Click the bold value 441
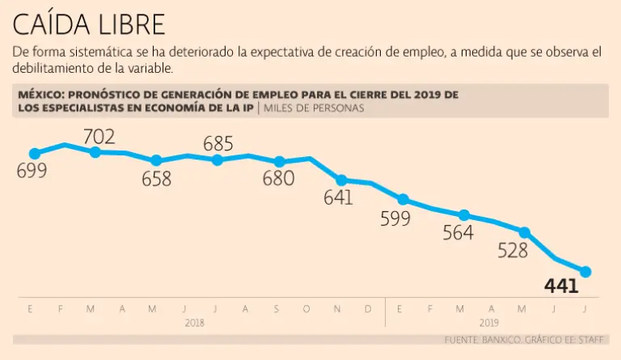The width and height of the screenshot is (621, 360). pos(561,286)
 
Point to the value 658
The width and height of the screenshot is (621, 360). pos(156,179)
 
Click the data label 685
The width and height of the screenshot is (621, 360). pos(218,144)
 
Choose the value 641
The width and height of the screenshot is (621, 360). pos(338,197)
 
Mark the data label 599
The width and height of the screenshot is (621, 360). pos(396,218)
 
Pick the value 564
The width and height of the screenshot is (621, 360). pos(458,233)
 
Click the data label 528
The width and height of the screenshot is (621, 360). pos(513,250)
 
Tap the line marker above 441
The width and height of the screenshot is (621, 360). pos(585,272)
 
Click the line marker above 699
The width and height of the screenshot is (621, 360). pos(34,153)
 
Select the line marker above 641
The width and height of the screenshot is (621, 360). pos(341,180)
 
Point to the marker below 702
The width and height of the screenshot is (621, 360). pos(95,151)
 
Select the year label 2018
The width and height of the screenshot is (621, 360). pos(195,322)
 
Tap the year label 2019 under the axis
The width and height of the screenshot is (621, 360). pos(489,322)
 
